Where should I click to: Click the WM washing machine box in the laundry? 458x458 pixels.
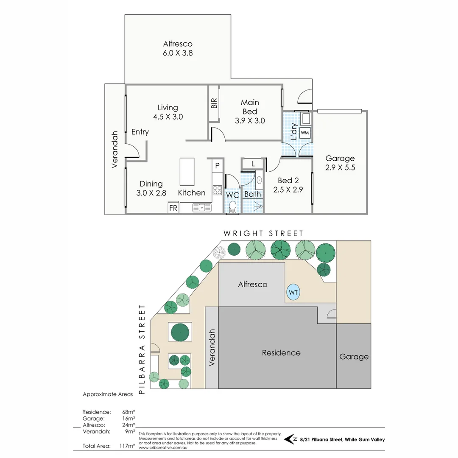point(305,132)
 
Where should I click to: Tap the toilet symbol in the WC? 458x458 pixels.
point(232,207)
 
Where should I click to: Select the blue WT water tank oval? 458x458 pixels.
point(292,293)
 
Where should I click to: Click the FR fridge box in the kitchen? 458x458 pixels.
point(173,208)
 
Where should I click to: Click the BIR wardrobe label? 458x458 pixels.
point(214,103)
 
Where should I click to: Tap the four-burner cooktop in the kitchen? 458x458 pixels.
point(217,190)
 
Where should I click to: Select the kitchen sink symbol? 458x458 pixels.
point(201,208)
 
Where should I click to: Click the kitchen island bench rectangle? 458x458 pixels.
point(187,172)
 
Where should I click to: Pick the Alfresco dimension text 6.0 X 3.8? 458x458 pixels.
point(178,53)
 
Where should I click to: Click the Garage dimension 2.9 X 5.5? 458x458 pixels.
point(340,168)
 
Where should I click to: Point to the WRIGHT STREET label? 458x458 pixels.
point(263,234)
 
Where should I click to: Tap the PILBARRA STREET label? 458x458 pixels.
point(142,350)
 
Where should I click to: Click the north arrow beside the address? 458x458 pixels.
point(290,439)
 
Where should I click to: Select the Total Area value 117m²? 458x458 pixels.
point(127,446)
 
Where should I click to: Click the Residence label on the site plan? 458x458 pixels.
point(281,353)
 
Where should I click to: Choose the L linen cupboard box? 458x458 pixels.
point(253,163)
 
